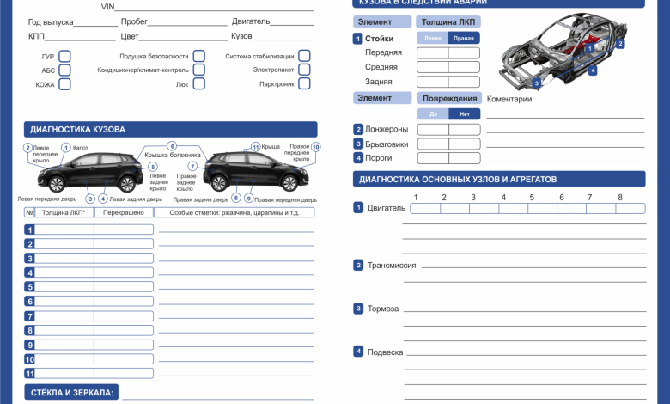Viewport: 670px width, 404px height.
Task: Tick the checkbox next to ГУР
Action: pyautogui.click(x=64, y=57)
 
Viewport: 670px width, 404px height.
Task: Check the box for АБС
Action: pyautogui.click(x=64, y=70)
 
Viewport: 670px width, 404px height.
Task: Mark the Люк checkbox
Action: pyautogui.click(x=198, y=84)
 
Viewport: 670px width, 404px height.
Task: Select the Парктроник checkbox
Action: pyautogui.click(x=304, y=84)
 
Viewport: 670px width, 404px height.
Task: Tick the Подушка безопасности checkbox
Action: pyautogui.click(x=198, y=57)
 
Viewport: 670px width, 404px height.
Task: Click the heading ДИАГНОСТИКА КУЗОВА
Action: pyautogui.click(x=78, y=130)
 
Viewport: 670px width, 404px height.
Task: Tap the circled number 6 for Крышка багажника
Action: pyautogui.click(x=172, y=147)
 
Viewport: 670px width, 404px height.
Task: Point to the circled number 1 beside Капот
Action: pyautogui.click(x=65, y=148)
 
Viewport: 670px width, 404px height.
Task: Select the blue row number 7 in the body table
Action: pyautogui.click(x=29, y=316)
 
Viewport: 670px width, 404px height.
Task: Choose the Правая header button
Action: pyautogui.click(x=464, y=39)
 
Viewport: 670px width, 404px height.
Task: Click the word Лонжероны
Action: pyautogui.click(x=387, y=130)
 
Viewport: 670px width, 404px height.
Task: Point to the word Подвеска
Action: pyautogui.click(x=385, y=352)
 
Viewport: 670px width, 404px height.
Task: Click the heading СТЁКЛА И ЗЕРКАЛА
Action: pyautogui.click(x=71, y=393)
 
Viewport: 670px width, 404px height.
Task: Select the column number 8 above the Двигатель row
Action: pyautogui.click(x=620, y=198)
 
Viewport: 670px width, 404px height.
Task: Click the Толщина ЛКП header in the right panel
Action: pyautogui.click(x=448, y=21)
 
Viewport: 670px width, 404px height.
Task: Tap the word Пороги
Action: pyautogui.click(x=379, y=158)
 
